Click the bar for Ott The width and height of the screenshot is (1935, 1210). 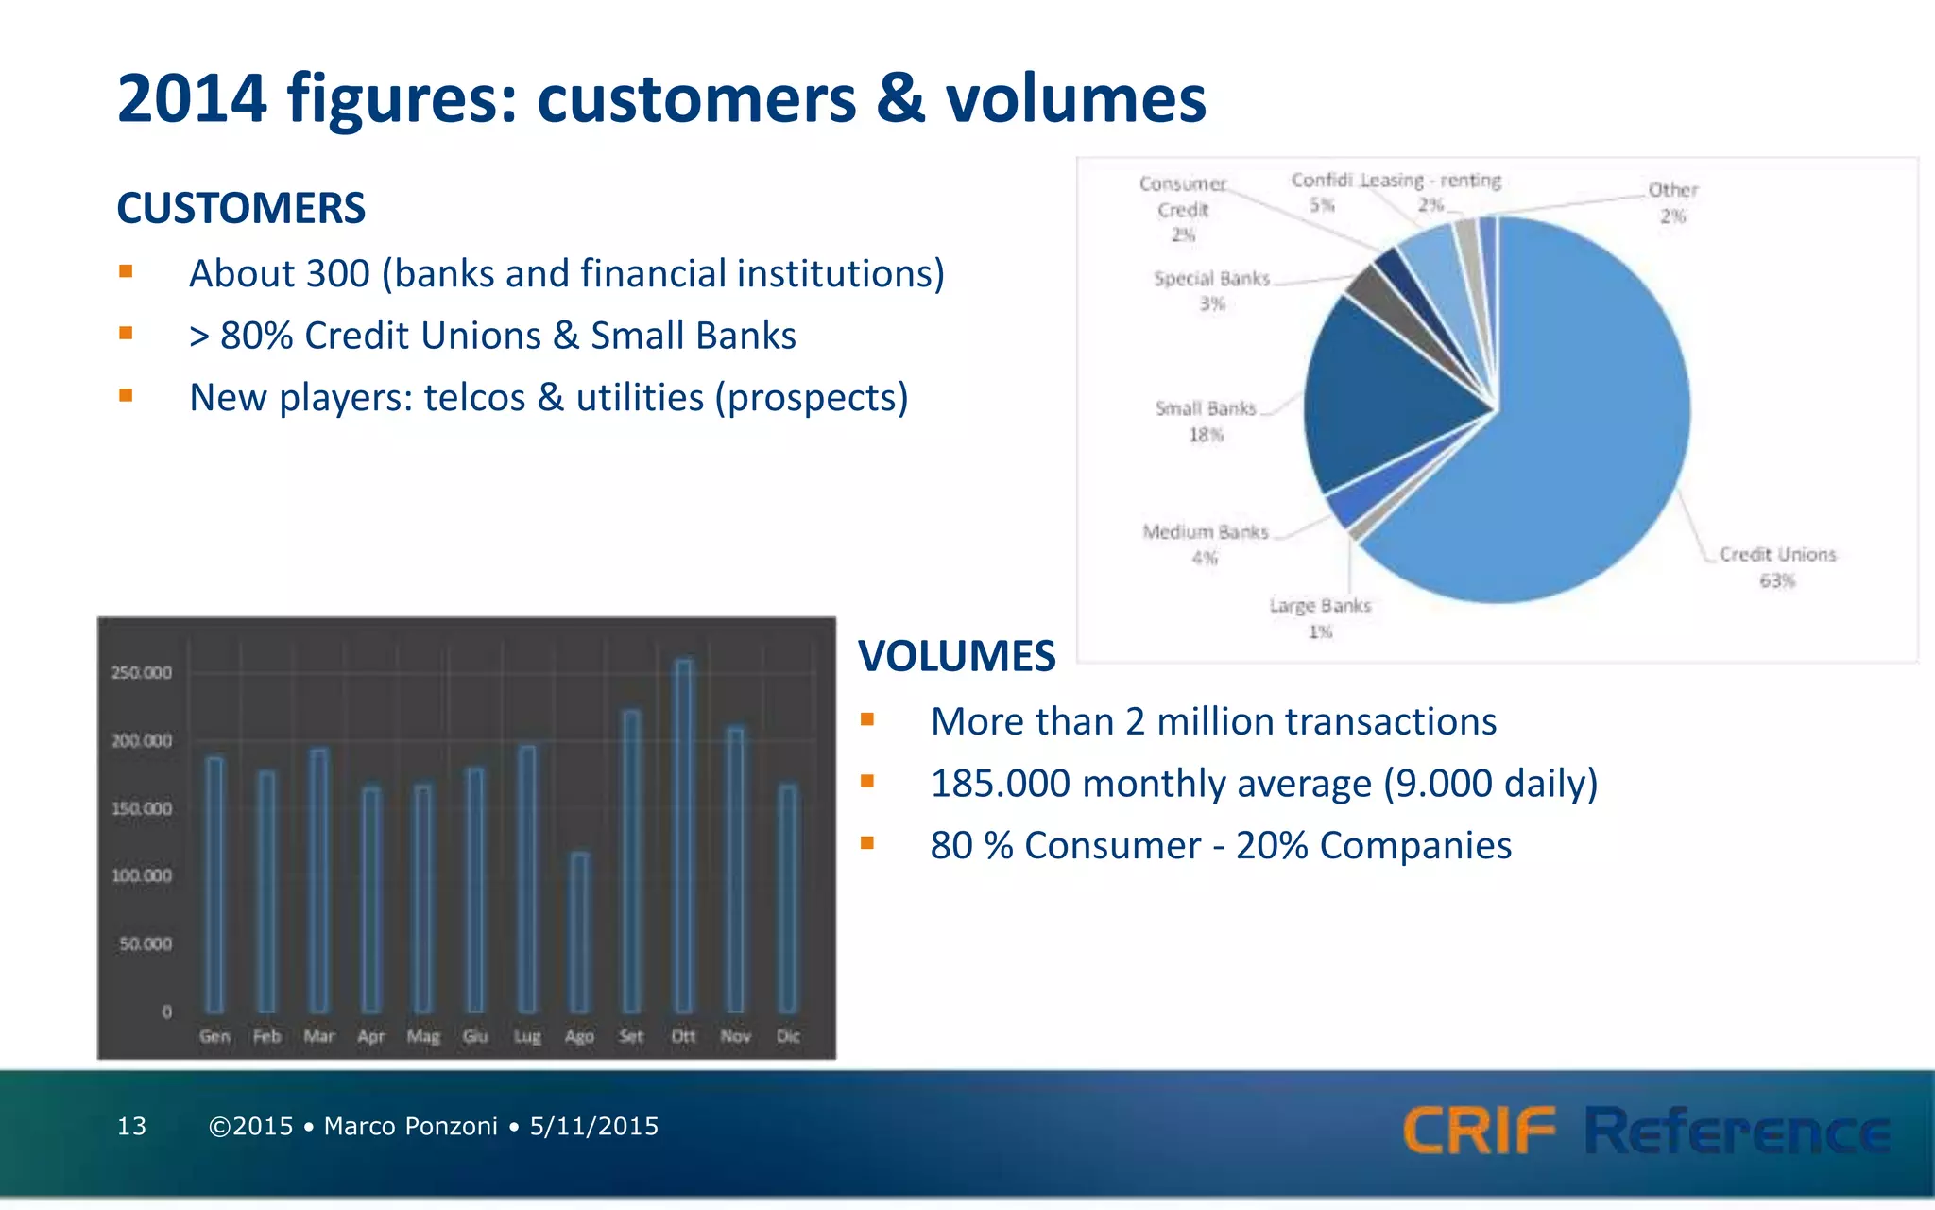(683, 837)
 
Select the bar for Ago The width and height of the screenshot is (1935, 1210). (579, 933)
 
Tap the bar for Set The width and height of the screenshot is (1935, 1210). (631, 861)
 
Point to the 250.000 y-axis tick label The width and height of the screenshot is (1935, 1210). (142, 673)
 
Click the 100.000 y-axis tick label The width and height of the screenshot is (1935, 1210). (142, 876)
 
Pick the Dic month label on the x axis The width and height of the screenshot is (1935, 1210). (788, 1036)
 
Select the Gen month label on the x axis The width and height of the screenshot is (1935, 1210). (214, 1036)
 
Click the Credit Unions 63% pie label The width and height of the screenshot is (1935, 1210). (1777, 567)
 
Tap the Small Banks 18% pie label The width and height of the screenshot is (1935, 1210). (1206, 422)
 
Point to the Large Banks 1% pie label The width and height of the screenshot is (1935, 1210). (1320, 618)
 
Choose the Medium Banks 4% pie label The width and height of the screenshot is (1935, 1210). (1206, 544)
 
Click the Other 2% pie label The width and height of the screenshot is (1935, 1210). (1672, 202)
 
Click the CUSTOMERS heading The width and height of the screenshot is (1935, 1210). (241, 208)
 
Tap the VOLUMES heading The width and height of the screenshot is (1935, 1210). (956, 656)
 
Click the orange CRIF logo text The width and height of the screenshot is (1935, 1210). (1479, 1131)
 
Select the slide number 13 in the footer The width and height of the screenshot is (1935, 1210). (131, 1126)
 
